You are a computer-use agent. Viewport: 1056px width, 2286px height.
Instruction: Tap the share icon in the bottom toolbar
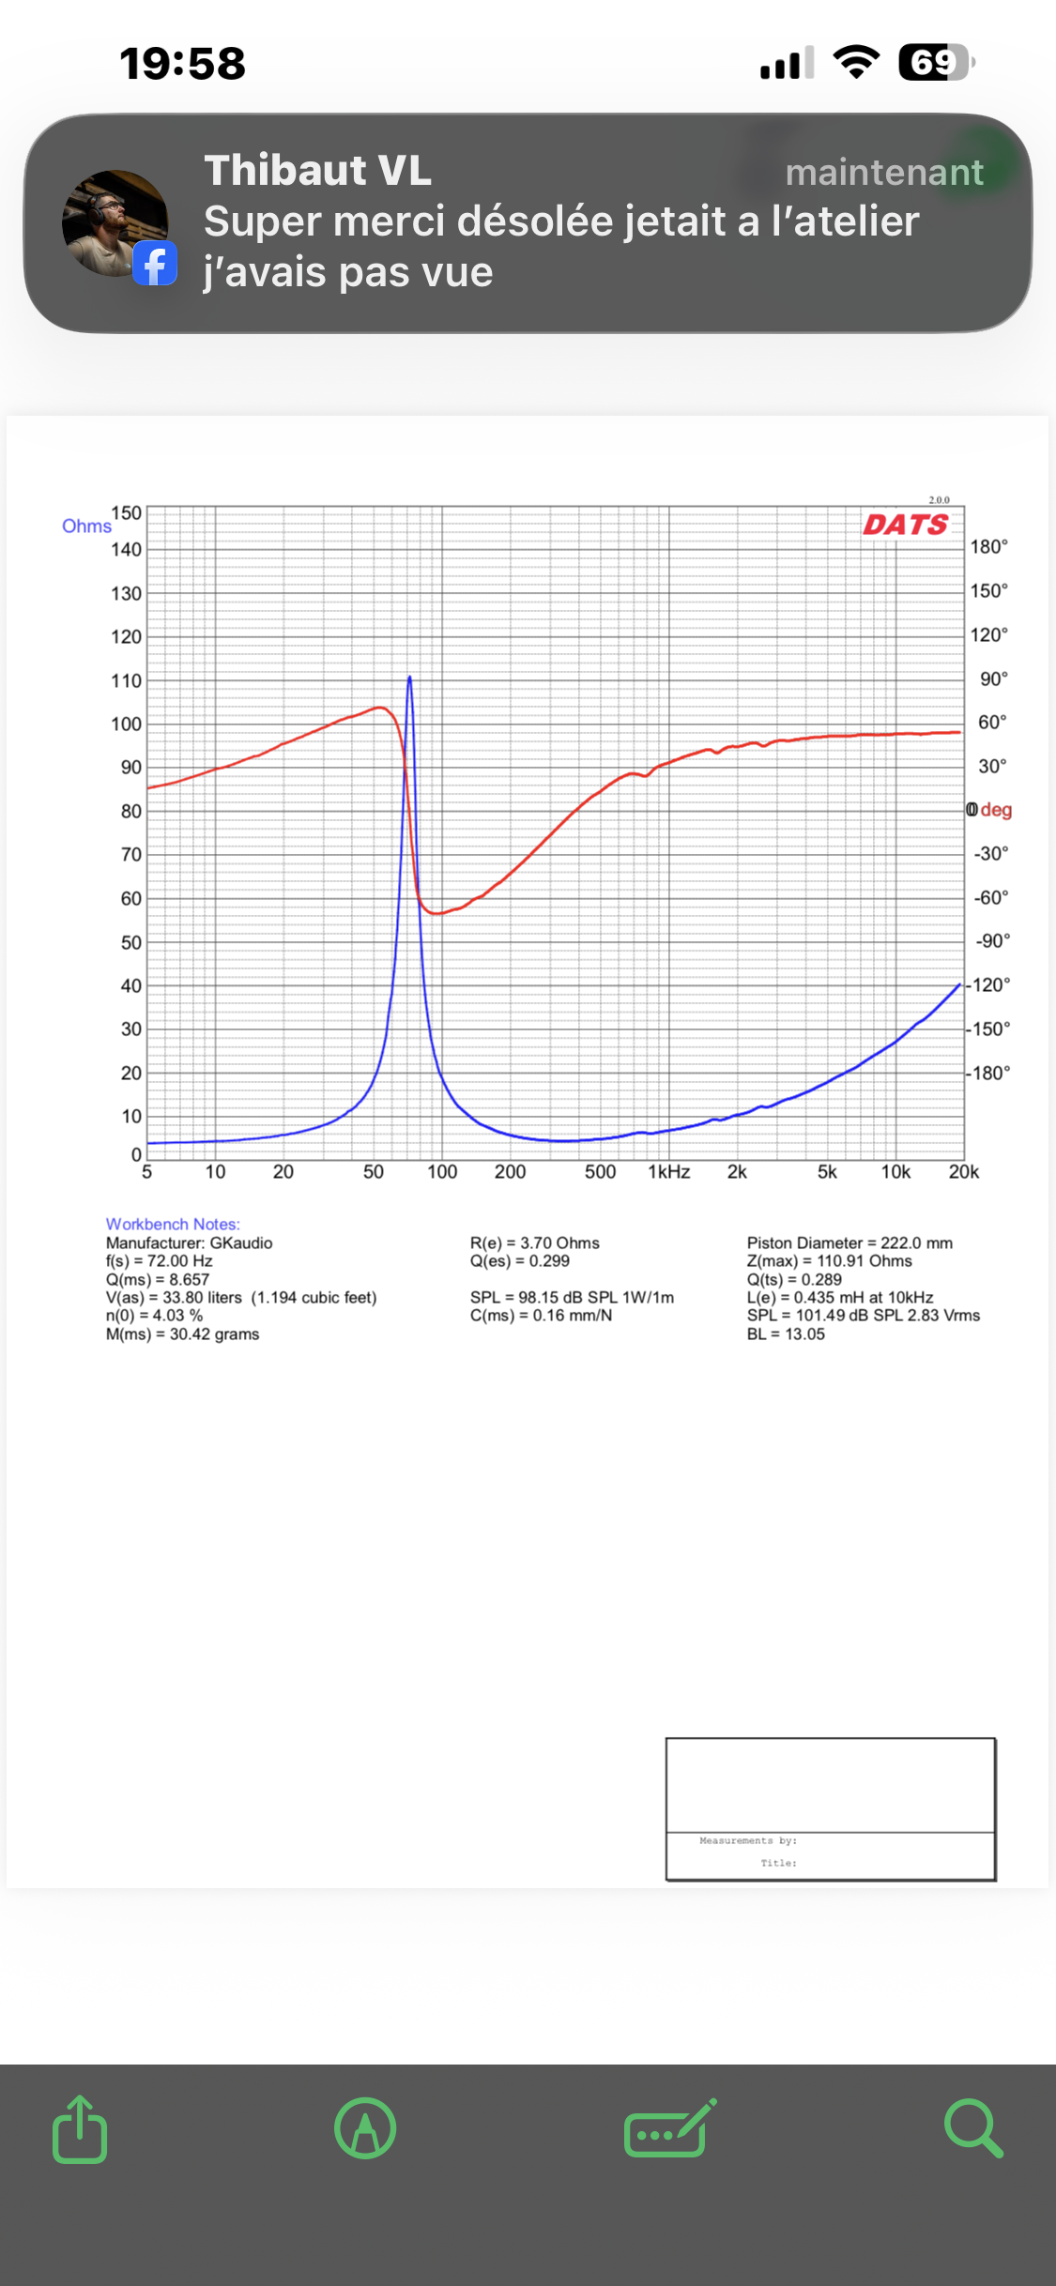pos(80,2129)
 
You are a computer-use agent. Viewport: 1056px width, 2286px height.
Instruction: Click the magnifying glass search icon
pos(973,2128)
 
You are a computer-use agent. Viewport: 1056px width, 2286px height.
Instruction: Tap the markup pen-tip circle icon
pos(365,2128)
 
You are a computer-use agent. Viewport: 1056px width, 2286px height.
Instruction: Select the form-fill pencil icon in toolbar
pos(669,2128)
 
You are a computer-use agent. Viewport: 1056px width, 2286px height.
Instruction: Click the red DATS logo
pos(906,524)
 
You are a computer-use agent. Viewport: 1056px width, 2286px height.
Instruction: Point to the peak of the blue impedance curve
pos(409,678)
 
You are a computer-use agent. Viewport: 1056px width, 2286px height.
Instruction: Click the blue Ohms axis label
pos(86,526)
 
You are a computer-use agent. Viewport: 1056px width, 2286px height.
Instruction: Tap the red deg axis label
pos(996,810)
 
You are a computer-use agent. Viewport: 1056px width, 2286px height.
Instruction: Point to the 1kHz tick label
pos(668,1172)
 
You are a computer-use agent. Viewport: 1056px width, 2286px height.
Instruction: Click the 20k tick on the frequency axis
pos(964,1172)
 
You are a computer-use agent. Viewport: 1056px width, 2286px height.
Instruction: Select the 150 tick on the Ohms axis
pos(127,513)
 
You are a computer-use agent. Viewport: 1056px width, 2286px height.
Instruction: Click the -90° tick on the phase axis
pos(991,941)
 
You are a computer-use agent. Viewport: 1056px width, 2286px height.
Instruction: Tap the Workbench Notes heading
pos(173,1225)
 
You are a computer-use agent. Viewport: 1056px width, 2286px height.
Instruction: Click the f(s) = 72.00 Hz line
pos(160,1261)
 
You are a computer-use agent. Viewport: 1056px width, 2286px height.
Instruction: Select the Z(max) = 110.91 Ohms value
pos(830,1261)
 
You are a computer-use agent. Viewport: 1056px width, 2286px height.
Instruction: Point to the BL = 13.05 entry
pos(786,1334)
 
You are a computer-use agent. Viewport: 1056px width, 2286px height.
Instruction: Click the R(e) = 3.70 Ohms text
pos(535,1243)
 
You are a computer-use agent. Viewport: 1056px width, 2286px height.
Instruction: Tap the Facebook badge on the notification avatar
pos(155,264)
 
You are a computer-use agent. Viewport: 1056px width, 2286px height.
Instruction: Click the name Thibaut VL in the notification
pos(318,171)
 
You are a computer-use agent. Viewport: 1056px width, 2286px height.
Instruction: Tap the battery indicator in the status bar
pos(935,63)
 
